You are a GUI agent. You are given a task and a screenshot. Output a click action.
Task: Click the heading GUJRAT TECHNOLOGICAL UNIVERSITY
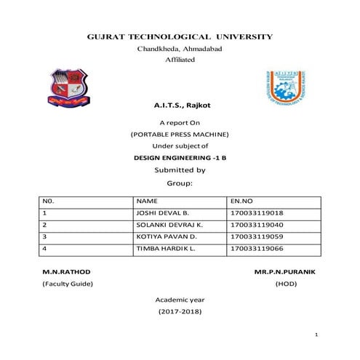[180, 36]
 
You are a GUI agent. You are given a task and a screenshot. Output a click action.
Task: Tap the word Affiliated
[180, 59]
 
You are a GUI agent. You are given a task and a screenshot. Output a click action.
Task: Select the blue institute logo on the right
[292, 92]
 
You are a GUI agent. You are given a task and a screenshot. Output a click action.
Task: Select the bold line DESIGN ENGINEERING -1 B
[180, 157]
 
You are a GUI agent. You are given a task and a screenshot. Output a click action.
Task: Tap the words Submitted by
[180, 169]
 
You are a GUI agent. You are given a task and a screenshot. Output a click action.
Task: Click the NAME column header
[147, 201]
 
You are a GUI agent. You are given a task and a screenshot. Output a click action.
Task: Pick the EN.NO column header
[241, 201]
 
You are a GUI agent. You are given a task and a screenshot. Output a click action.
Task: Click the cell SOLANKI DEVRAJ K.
[168, 225]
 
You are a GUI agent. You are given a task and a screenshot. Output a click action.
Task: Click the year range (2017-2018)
[180, 311]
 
